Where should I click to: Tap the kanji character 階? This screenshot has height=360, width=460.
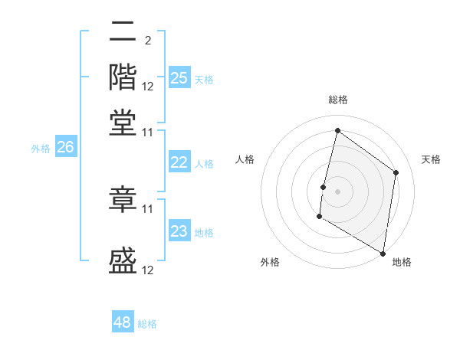click(x=123, y=77)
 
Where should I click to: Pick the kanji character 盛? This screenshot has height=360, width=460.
click(x=123, y=260)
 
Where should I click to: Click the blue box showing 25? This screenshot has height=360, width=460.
click(x=179, y=78)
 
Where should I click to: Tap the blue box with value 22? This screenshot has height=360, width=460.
click(x=179, y=162)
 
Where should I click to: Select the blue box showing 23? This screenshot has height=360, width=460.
click(x=179, y=231)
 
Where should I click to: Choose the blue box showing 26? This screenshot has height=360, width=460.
click(x=65, y=148)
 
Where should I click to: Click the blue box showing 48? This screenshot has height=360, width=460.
click(x=123, y=322)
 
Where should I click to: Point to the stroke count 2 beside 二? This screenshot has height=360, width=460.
click(x=147, y=40)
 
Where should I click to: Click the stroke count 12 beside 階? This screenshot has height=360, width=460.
click(x=148, y=86)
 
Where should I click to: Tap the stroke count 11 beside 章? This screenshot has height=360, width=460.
click(x=148, y=208)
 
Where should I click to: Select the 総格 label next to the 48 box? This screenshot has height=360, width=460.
click(x=147, y=324)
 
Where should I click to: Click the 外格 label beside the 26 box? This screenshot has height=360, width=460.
click(x=41, y=149)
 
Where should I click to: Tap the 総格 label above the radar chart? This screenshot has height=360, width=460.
click(x=337, y=100)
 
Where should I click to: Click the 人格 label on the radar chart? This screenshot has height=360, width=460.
click(x=245, y=159)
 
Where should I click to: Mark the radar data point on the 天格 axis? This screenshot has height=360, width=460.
click(x=396, y=172)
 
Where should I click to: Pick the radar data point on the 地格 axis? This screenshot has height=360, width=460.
click(x=383, y=253)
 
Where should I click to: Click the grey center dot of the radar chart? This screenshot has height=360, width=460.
click(x=337, y=190)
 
